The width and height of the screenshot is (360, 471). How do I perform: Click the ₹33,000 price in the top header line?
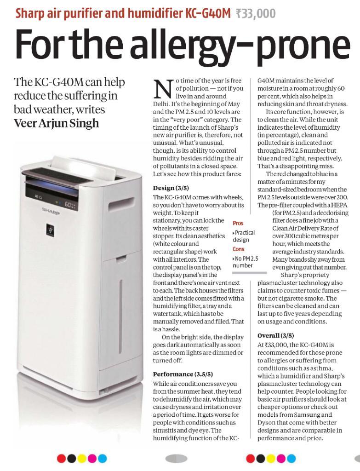255,13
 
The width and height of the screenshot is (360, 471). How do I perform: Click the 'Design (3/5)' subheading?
171,188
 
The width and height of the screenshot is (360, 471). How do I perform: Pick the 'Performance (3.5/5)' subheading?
183,374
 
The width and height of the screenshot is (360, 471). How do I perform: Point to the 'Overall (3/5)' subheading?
276,335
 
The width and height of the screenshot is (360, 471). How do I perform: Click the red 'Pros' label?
238,223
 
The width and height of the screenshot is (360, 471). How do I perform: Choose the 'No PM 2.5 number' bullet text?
246,262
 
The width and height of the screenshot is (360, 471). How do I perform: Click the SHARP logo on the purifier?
51,210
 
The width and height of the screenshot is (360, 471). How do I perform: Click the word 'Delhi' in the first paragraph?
161,103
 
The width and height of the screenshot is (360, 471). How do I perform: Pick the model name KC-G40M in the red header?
207,13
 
